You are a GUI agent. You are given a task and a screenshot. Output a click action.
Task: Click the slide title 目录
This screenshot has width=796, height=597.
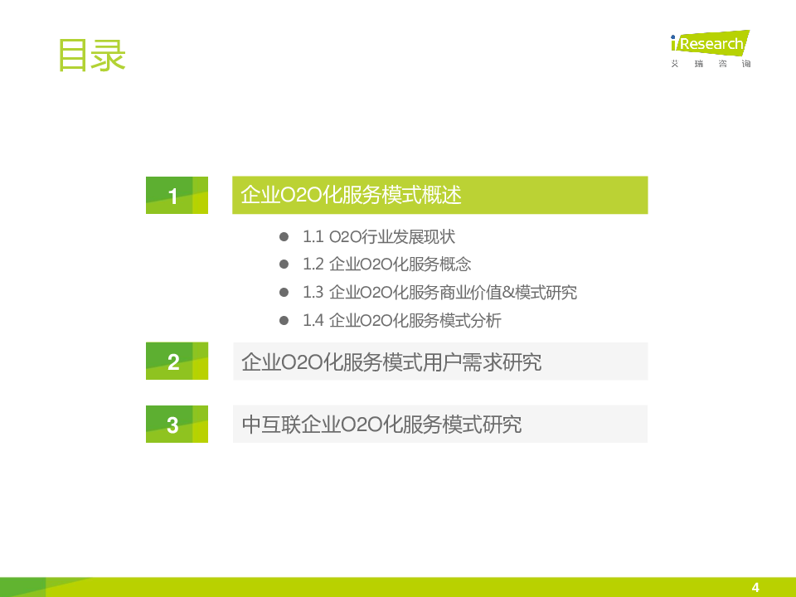(x=92, y=56)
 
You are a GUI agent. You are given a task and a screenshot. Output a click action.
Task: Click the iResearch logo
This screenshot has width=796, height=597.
(x=711, y=42)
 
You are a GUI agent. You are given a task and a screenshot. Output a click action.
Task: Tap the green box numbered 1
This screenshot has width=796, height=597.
(x=177, y=195)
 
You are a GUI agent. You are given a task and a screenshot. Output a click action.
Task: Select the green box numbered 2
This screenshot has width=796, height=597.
(x=177, y=361)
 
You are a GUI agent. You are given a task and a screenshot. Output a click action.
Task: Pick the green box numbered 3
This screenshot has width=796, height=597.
(x=177, y=424)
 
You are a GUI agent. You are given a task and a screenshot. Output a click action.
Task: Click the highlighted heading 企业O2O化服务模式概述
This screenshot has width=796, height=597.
(x=351, y=195)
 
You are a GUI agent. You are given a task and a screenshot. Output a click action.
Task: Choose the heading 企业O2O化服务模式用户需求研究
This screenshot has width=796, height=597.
(x=391, y=362)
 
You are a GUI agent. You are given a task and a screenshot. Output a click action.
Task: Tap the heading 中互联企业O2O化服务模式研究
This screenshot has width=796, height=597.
(x=381, y=425)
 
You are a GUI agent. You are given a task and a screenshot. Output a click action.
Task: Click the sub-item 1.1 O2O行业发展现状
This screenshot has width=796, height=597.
(x=379, y=236)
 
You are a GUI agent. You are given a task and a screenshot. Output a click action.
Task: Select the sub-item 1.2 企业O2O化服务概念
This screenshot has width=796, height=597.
(x=387, y=264)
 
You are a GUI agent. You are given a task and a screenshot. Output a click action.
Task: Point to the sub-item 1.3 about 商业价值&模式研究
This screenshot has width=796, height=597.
(x=439, y=293)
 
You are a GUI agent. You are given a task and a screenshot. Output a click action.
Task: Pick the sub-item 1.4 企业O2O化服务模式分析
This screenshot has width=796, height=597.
(x=402, y=320)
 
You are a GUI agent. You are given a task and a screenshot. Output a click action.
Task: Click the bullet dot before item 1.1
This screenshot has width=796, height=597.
(x=284, y=236)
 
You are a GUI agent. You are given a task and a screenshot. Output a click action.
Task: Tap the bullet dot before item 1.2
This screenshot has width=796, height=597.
(x=284, y=264)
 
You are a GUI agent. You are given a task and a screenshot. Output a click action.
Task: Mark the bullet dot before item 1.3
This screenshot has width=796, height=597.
(x=284, y=293)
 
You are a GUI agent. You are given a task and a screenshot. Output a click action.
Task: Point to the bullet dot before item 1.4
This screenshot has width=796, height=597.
(x=284, y=320)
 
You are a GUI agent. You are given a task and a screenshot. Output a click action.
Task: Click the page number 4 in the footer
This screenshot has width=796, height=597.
(x=755, y=587)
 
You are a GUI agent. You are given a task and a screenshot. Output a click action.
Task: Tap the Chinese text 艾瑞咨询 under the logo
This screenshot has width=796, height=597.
(x=711, y=64)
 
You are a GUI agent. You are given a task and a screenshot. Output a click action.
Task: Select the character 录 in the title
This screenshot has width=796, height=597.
(x=108, y=56)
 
